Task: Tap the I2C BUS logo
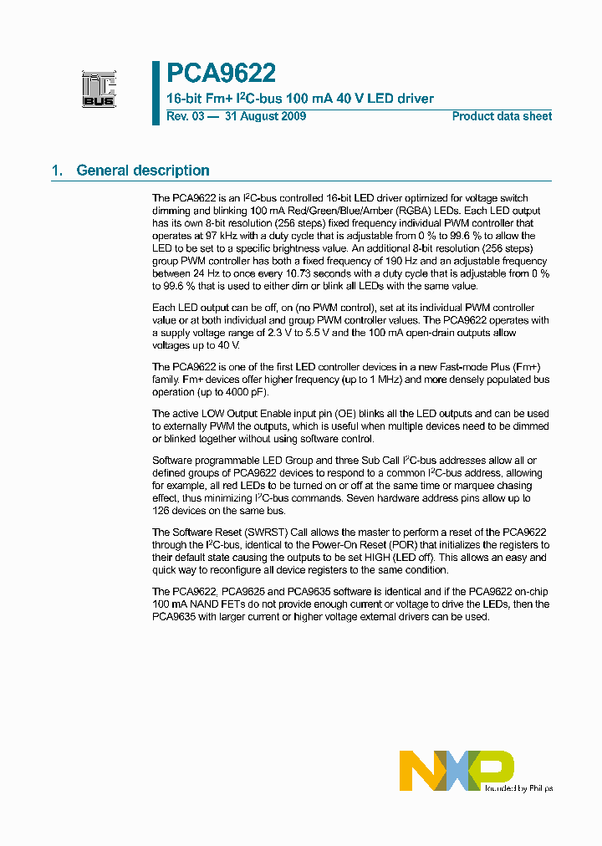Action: point(99,89)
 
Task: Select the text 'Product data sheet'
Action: point(502,116)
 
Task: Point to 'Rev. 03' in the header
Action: point(185,116)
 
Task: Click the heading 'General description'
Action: point(143,171)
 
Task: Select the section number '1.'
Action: point(58,171)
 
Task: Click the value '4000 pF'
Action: point(237,391)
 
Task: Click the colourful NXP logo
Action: point(456,770)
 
